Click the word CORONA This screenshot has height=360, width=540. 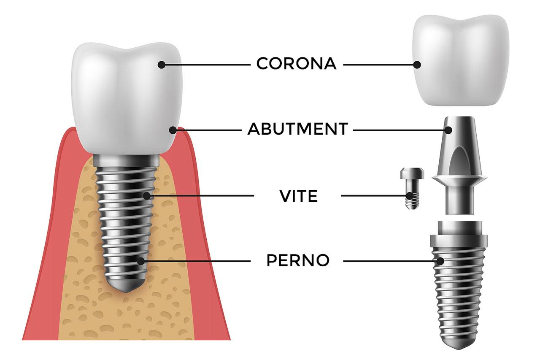(296, 64)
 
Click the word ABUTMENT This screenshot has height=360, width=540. (297, 129)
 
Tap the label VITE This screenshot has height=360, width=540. (298, 196)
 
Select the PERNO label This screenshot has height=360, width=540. (298, 261)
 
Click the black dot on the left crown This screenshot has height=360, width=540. (161, 65)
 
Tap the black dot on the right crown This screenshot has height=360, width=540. (417, 65)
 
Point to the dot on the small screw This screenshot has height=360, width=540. (410, 196)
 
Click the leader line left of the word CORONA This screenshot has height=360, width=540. (207, 65)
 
